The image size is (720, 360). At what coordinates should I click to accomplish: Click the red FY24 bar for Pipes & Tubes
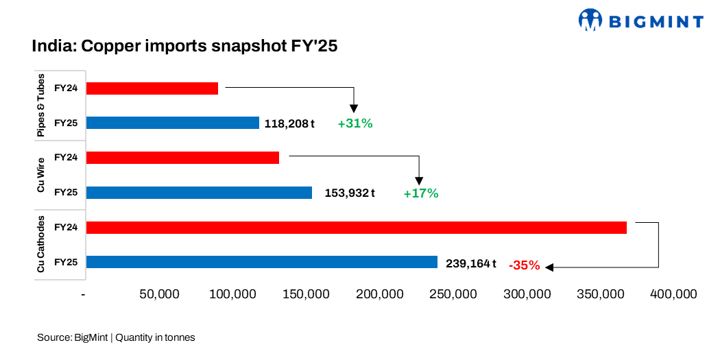(x=152, y=88)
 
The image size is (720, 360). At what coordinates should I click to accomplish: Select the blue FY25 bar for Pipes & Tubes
(x=173, y=123)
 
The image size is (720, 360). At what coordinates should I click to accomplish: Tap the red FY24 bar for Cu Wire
(x=182, y=158)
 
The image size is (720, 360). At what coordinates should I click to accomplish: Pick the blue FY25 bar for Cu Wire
(x=199, y=193)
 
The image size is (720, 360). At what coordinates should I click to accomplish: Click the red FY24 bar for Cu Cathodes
(x=357, y=228)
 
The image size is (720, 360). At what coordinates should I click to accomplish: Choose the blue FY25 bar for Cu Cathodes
(x=262, y=262)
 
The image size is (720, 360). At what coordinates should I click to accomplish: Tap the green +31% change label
(x=355, y=124)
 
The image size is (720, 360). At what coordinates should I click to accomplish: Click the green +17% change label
(x=420, y=193)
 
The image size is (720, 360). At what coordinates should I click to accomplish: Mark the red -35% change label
(x=524, y=265)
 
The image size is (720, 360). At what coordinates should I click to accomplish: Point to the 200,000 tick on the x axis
(x=380, y=294)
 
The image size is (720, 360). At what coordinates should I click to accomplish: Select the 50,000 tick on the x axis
(x=159, y=294)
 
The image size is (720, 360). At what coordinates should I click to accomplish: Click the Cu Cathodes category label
(x=41, y=245)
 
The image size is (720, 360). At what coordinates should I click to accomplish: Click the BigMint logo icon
(x=590, y=20)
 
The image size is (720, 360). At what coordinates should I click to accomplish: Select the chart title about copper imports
(x=184, y=47)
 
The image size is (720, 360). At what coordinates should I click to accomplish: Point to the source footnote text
(x=116, y=337)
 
